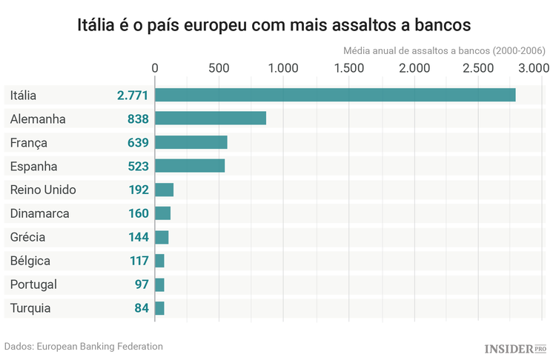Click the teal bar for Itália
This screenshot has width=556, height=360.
(335, 95)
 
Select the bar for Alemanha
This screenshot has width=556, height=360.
(211, 119)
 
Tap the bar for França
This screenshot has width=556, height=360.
(191, 142)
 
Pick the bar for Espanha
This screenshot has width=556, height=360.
(190, 166)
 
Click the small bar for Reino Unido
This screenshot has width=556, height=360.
(164, 190)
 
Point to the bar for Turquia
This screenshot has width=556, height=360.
(159, 308)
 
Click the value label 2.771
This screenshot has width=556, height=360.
(133, 96)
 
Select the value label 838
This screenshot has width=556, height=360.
(138, 119)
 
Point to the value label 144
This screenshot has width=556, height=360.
(138, 238)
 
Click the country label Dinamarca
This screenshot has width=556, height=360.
(40, 214)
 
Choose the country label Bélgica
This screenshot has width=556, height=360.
(30, 261)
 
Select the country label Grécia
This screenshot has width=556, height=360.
(28, 238)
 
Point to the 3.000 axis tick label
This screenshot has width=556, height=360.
(532, 68)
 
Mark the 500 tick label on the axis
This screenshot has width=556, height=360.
(219, 68)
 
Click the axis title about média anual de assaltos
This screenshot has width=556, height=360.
(445, 51)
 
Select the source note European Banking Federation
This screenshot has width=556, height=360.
(83, 346)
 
